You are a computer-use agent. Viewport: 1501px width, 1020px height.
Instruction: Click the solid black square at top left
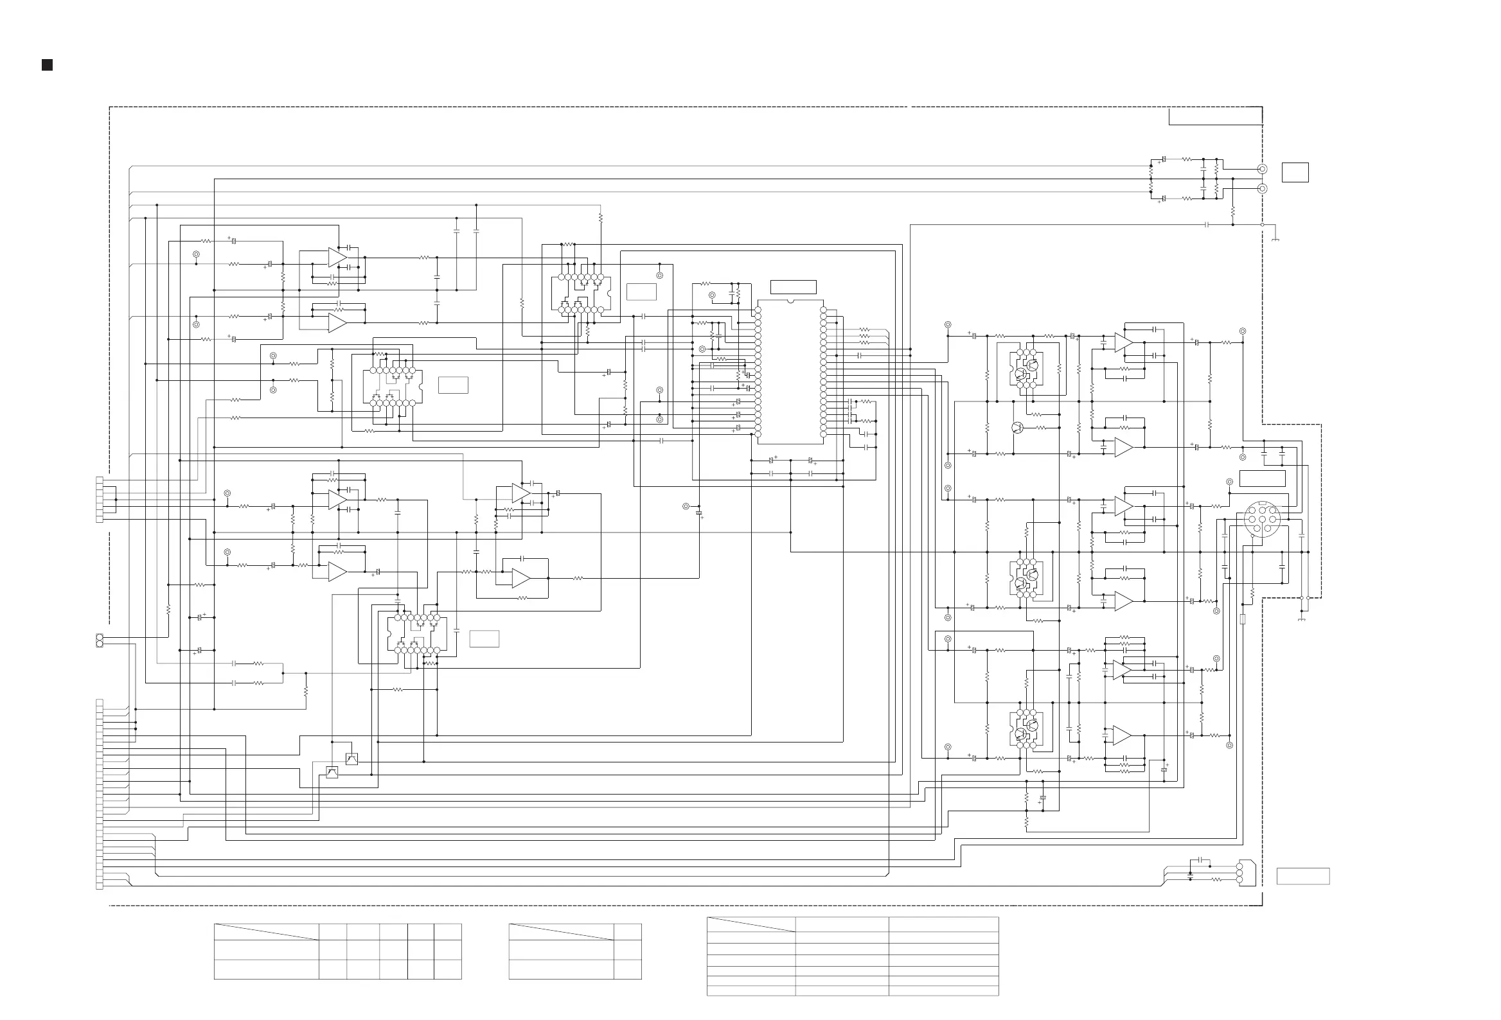(47, 66)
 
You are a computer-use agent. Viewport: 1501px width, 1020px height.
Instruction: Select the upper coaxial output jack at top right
(1262, 169)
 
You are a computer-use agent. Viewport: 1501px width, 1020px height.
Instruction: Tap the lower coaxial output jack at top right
(1262, 188)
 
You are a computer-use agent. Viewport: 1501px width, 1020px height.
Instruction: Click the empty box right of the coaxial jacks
(1295, 172)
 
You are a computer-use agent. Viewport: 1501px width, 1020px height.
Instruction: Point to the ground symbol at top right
(1275, 239)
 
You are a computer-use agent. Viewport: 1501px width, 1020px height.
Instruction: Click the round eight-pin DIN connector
(1261, 518)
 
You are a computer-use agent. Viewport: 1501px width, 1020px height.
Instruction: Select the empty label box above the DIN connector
(1262, 479)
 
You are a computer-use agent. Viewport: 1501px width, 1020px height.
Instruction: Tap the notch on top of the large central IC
(790, 301)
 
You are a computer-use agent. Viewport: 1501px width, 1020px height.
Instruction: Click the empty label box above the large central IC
(793, 287)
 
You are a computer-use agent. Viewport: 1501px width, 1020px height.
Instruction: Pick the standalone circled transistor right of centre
(1018, 427)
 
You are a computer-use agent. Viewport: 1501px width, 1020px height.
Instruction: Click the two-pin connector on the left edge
(100, 640)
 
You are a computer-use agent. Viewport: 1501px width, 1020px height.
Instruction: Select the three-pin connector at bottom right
(1239, 872)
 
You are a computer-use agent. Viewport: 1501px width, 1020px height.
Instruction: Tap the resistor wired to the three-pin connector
(1216, 879)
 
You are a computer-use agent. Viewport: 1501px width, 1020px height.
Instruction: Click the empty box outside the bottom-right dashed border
(1302, 876)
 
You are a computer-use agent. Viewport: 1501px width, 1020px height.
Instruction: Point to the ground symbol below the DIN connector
(1301, 619)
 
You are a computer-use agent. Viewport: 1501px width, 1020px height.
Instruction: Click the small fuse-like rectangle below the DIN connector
(1243, 619)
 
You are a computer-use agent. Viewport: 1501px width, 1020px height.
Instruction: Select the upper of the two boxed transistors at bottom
(351, 759)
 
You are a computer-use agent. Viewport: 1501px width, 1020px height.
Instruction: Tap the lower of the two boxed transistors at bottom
(332, 772)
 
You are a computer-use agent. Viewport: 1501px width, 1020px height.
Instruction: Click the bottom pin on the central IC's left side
(758, 434)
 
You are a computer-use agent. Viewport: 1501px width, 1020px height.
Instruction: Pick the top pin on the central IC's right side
(824, 310)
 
